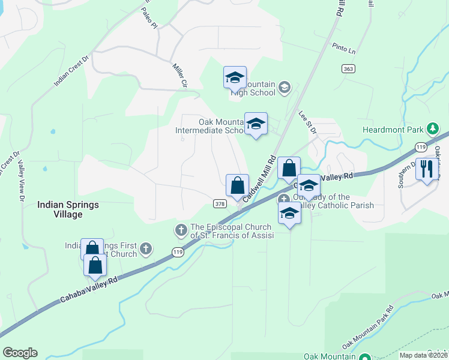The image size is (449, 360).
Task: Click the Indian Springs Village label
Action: click(x=68, y=209)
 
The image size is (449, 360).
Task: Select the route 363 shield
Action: click(x=348, y=68)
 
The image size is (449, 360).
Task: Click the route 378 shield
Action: click(x=219, y=203)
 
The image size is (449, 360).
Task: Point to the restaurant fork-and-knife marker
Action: click(x=427, y=169)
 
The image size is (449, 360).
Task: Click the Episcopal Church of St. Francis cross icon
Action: click(x=181, y=229)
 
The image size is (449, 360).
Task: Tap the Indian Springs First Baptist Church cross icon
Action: click(x=145, y=248)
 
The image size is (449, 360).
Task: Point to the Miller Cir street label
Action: click(x=180, y=76)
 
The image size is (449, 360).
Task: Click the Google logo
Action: click(x=20, y=353)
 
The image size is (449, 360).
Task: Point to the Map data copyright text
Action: click(x=424, y=355)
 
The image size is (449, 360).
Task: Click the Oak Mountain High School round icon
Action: click(x=285, y=89)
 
